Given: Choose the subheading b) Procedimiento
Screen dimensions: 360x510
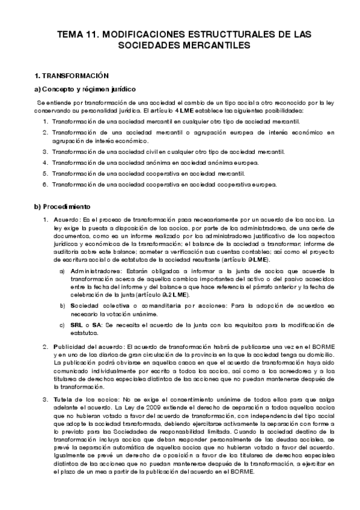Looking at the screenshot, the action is coord(63,207).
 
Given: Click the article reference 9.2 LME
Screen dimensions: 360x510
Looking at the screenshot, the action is coord(178,295).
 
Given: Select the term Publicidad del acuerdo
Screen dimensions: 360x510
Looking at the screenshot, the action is coord(89,347).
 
